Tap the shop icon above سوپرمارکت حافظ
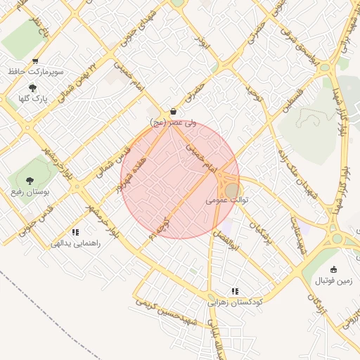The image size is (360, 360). (x=35, y=62)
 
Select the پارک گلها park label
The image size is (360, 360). (x=33, y=98)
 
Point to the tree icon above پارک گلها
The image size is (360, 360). (x=33, y=88)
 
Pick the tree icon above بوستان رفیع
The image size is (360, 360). (x=30, y=181)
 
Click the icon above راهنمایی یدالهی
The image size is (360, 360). (x=75, y=232)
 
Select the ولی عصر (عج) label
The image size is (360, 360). (x=169, y=123)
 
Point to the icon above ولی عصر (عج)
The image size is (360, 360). (x=173, y=112)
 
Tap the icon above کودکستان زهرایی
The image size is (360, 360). (x=235, y=290)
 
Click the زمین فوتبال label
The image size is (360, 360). (x=333, y=281)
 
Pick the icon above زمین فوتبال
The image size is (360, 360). (x=333, y=269)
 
